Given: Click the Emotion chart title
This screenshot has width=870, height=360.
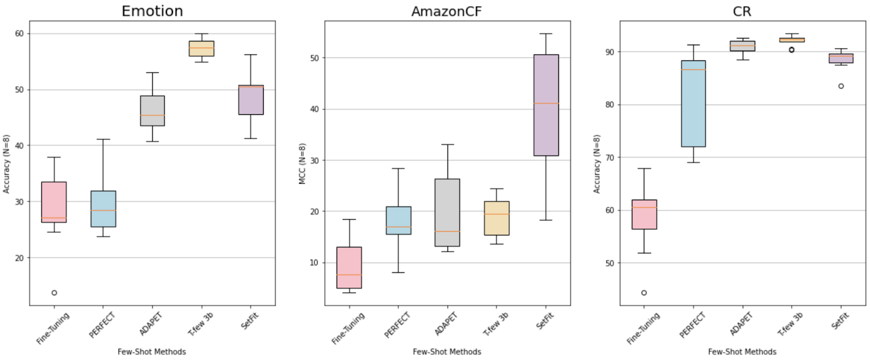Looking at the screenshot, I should coord(152,11).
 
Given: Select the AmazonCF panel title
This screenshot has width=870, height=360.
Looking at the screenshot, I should coord(446,11).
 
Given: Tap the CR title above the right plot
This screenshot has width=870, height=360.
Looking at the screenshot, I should coord(742,11).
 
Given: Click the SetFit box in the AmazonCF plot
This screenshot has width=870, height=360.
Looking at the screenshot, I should coord(546,131).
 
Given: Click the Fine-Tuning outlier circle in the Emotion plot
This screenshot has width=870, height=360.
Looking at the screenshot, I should coord(54,293).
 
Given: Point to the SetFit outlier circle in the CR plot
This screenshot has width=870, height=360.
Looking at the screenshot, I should coord(841,86).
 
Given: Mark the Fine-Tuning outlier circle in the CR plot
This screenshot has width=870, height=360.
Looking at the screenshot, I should coord(644,293).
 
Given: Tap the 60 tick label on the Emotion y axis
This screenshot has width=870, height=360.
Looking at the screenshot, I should coord(20,34).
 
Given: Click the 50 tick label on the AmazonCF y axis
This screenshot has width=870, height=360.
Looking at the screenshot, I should coord(314,58).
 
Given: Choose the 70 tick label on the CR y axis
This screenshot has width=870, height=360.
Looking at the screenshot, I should coord(610,158).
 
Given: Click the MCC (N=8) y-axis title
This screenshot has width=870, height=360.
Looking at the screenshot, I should coord(302,164).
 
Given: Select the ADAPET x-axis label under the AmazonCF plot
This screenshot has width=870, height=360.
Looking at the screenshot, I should coord(446,324).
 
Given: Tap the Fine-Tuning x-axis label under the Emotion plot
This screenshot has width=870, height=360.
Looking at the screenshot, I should coord(53,328).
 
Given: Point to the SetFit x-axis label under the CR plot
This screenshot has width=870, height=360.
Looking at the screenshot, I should coord(841,321).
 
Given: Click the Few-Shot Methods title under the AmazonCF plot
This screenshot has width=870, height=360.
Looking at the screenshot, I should coord(447,352).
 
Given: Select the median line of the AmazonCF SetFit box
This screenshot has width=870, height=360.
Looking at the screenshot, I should coord(546,103).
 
